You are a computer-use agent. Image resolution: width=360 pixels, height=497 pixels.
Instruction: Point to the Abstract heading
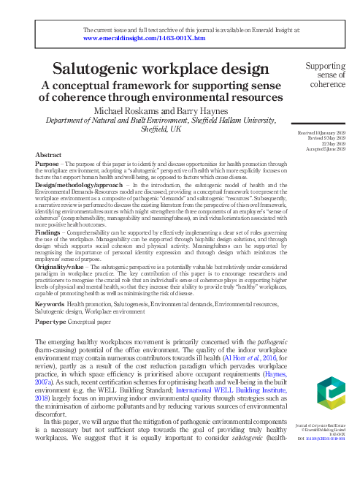tap(47, 155)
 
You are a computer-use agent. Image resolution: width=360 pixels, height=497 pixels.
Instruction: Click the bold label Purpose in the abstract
tap(47, 164)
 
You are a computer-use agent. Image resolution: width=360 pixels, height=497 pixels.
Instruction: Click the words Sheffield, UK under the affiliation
tap(161, 129)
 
